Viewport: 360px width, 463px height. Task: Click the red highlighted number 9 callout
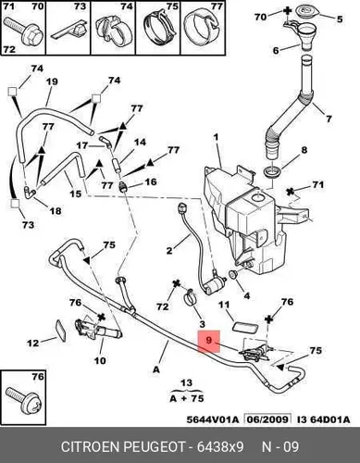209,341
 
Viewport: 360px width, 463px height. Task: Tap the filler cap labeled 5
306,12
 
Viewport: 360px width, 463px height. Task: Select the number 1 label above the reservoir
217,137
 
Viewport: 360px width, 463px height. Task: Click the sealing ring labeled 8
273,171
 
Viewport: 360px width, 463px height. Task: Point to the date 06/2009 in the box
267,419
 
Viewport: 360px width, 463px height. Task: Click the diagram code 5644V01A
213,419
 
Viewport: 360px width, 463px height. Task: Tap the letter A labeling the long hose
156,369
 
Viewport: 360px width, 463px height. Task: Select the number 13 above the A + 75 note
187,383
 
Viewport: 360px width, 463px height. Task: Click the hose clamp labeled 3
190,297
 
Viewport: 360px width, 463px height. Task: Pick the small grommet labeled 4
232,273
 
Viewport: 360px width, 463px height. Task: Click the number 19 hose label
52,81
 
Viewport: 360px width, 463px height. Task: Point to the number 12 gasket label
33,343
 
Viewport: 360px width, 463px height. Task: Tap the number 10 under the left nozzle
100,360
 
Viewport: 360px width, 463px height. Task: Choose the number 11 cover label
224,305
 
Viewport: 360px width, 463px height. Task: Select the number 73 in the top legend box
80,6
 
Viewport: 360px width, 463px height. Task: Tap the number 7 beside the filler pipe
329,119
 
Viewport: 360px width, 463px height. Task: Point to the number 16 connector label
151,181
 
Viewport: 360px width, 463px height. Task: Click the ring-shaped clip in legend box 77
203,29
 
